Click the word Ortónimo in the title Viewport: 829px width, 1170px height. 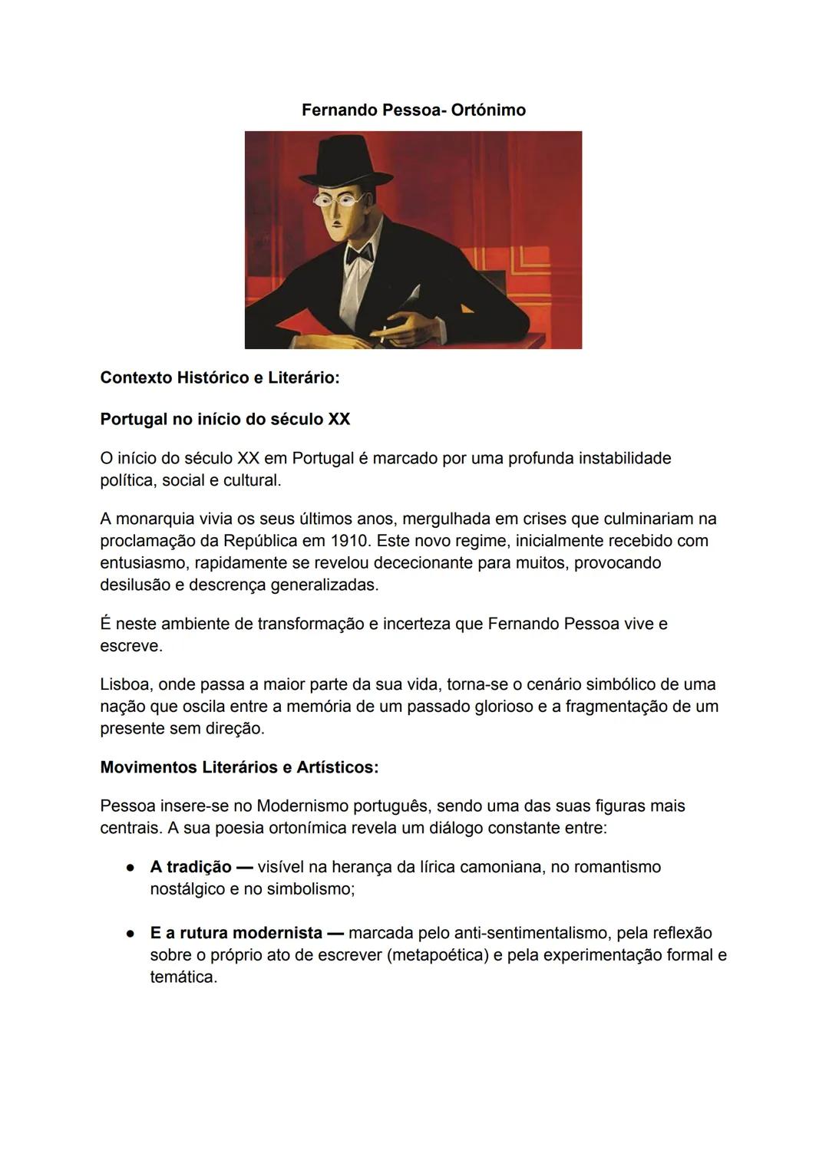coord(488,110)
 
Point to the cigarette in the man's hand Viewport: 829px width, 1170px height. coord(381,332)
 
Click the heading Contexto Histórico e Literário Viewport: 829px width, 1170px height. coord(220,377)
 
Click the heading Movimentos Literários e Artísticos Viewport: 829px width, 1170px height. coord(239,767)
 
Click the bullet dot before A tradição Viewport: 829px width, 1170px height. coord(131,868)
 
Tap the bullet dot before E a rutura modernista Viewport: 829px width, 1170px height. coord(131,934)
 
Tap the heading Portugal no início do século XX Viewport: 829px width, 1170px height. coord(225,419)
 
